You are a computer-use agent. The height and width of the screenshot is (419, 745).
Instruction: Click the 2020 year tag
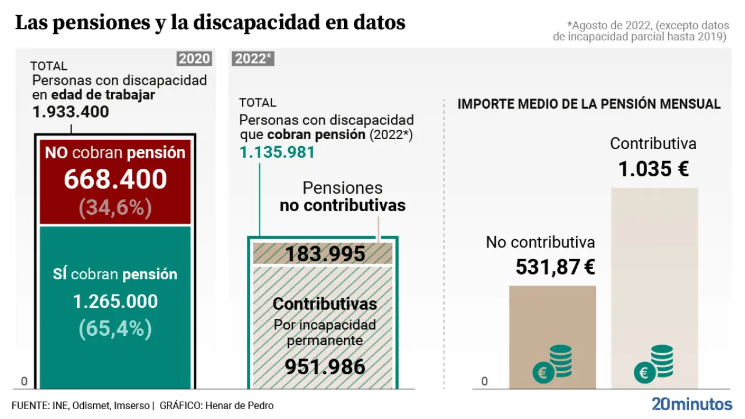194,59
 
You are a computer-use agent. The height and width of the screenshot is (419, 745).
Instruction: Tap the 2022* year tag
253,59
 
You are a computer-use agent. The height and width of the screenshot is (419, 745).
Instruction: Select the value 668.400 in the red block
115,179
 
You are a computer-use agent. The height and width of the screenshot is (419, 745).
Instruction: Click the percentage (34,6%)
115,207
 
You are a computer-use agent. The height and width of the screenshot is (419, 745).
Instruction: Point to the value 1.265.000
115,301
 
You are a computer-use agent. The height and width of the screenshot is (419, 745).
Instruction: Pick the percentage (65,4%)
115,329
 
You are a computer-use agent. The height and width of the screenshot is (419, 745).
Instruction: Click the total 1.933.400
71,112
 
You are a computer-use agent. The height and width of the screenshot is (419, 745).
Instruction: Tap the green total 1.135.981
277,152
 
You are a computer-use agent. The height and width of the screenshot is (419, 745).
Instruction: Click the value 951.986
325,367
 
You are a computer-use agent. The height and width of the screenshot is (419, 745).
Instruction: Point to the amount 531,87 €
555,267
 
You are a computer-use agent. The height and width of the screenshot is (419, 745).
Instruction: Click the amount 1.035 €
653,169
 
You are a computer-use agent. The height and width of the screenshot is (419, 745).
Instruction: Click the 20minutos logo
692,404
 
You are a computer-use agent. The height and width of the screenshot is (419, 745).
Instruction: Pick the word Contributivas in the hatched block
325,304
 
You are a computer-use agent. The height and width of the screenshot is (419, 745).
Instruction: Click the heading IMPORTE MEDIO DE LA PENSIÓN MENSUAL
589,104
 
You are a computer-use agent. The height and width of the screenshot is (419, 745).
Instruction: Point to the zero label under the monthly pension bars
484,382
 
